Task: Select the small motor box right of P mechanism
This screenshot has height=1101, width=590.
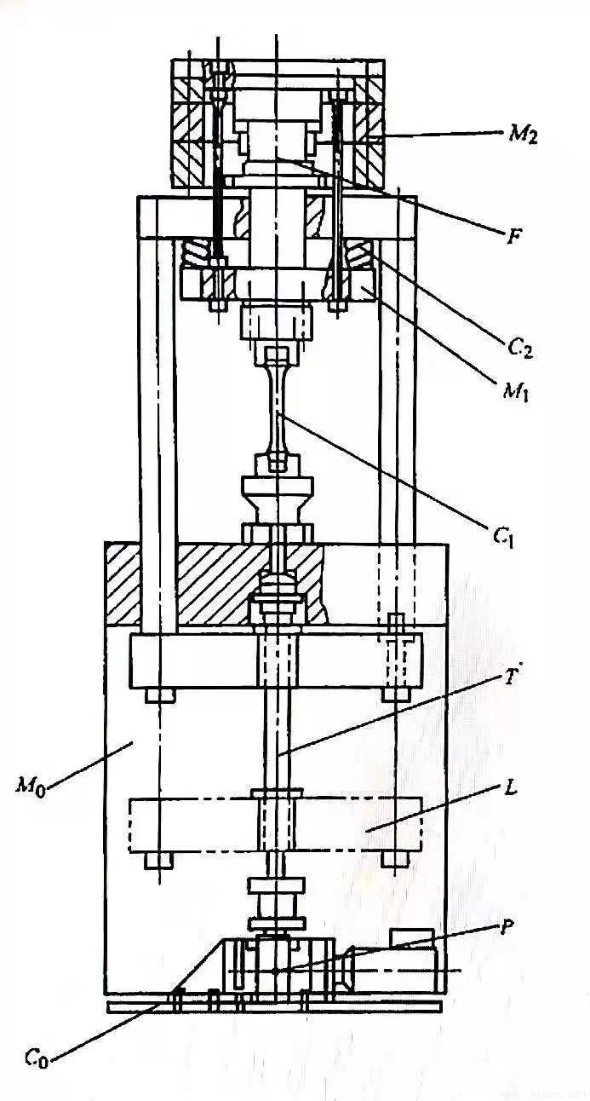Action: tap(411, 938)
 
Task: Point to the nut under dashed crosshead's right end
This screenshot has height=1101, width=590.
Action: tap(394, 859)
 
